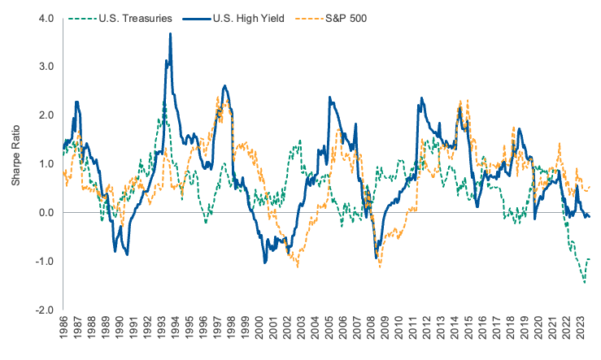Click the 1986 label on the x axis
(x=64, y=333)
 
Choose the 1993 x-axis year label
(x=161, y=333)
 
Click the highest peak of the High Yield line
(x=170, y=33)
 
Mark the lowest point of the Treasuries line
(x=583, y=283)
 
